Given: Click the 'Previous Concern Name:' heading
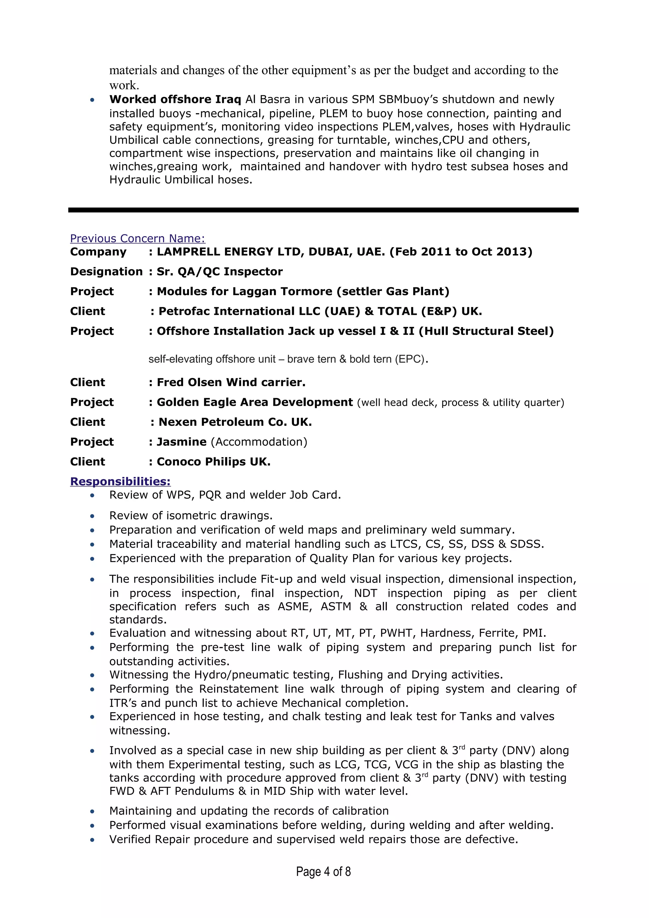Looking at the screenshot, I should pos(137,239).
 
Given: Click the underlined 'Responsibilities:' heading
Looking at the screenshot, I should pos(120,481).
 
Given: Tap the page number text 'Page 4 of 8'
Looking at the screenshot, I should pos(323,872).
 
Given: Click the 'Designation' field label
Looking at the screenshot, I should pos(106,272).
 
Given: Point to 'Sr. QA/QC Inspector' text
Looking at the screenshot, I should pos(220,272).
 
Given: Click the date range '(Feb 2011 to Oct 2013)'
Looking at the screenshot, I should pos(461,252).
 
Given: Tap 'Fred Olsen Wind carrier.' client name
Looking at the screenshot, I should pos(231,383).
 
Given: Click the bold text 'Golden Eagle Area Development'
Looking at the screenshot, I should pos(255,402).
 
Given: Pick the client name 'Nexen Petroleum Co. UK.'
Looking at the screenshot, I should pos(235,422).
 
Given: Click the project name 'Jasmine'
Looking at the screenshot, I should pos(182,442).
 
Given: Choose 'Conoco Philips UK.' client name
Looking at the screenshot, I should pos(214,462).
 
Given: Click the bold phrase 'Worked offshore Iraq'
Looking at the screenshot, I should pos(175,99).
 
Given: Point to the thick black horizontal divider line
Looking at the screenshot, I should pos(323,210).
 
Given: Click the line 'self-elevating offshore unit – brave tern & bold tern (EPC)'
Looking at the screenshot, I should pos(288,359).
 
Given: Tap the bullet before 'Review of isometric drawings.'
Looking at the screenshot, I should pos(92,516).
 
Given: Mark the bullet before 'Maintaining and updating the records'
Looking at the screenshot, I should pos(92,811).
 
